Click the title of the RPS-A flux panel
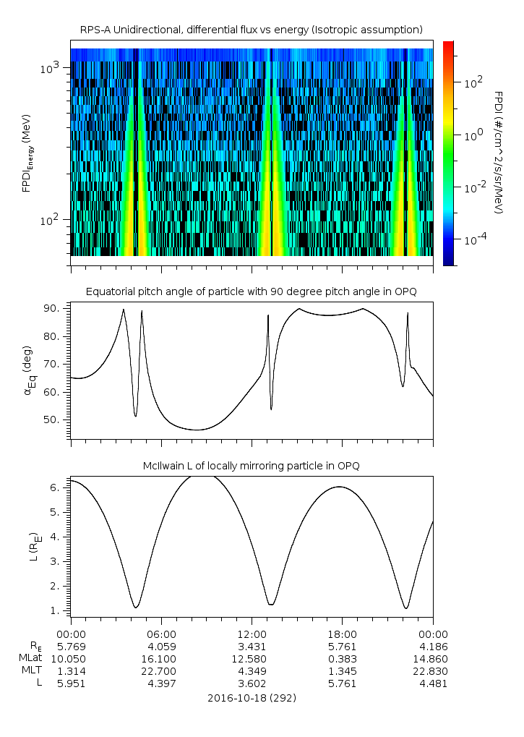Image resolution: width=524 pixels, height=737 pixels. tap(251, 29)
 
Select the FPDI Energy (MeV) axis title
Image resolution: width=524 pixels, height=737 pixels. tap(29, 153)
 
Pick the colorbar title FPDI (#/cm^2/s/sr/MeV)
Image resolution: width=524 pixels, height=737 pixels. tap(498, 153)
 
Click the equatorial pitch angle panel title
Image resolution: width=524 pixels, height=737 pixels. tap(251, 291)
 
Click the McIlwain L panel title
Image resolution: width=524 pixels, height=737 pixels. tap(251, 465)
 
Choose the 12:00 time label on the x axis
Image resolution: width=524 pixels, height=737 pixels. tap(252, 632)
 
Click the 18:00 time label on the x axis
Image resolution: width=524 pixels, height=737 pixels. tap(342, 632)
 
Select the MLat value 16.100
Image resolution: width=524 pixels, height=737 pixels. tap(161, 659)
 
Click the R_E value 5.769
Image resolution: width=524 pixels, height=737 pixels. tap(71, 646)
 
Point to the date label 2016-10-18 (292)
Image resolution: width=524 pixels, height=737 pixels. tap(251, 698)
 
